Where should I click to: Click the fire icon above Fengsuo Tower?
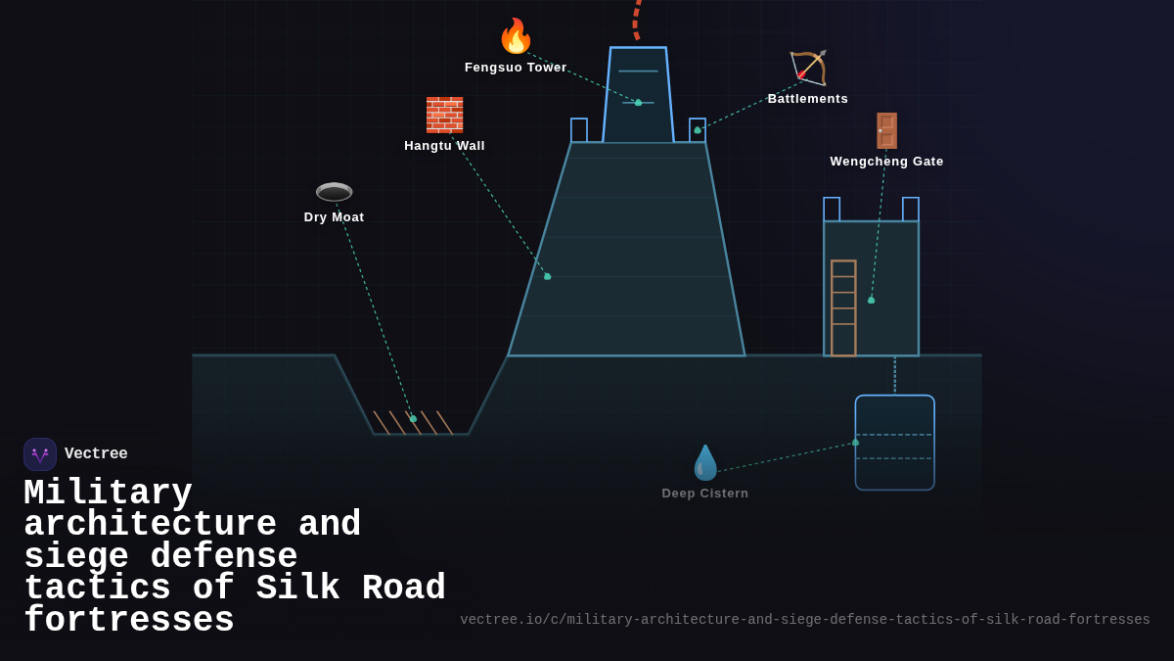[516, 36]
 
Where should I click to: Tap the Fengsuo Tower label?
[516, 68]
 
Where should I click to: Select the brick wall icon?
[444, 115]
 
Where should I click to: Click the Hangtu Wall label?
[444, 146]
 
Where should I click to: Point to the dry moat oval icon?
[334, 192]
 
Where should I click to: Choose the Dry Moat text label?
[334, 217]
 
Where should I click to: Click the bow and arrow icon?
[808, 68]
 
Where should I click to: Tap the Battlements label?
[807, 99]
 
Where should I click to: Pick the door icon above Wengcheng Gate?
[886, 130]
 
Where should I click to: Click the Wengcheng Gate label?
[886, 162]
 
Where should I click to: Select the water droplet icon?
[705, 462]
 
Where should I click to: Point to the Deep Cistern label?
[704, 494]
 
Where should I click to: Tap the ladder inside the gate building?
[843, 307]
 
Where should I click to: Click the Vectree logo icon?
[40, 454]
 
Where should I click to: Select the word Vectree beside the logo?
[96, 454]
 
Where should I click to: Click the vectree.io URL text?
[804, 620]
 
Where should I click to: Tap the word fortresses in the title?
[129, 621]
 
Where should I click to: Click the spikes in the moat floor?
[412, 422]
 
